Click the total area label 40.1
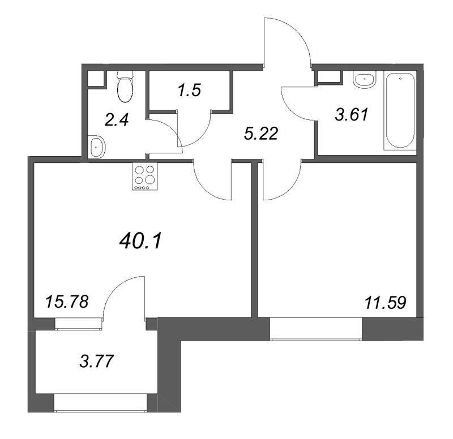(x=141, y=242)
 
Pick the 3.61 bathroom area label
(x=352, y=114)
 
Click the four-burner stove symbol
(x=144, y=177)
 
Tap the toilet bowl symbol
(x=124, y=86)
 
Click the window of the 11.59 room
(x=315, y=329)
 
